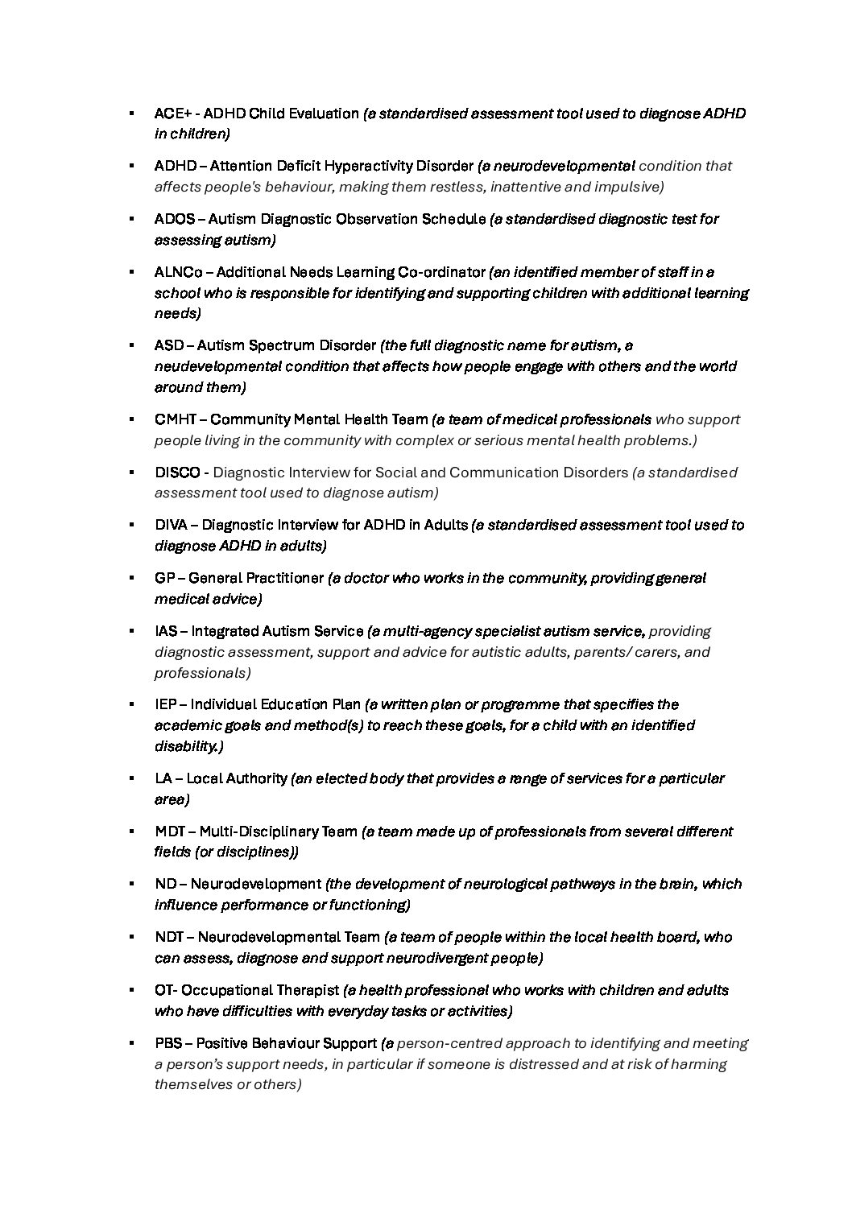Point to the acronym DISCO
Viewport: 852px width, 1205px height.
(x=177, y=473)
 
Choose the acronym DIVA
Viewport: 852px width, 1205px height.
(x=171, y=525)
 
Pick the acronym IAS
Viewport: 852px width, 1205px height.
(x=166, y=631)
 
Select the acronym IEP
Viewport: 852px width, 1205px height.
(x=165, y=704)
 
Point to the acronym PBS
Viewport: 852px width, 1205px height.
(x=168, y=1043)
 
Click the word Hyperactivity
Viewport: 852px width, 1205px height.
(x=367, y=167)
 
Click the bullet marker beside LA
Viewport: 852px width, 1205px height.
(x=130, y=778)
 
